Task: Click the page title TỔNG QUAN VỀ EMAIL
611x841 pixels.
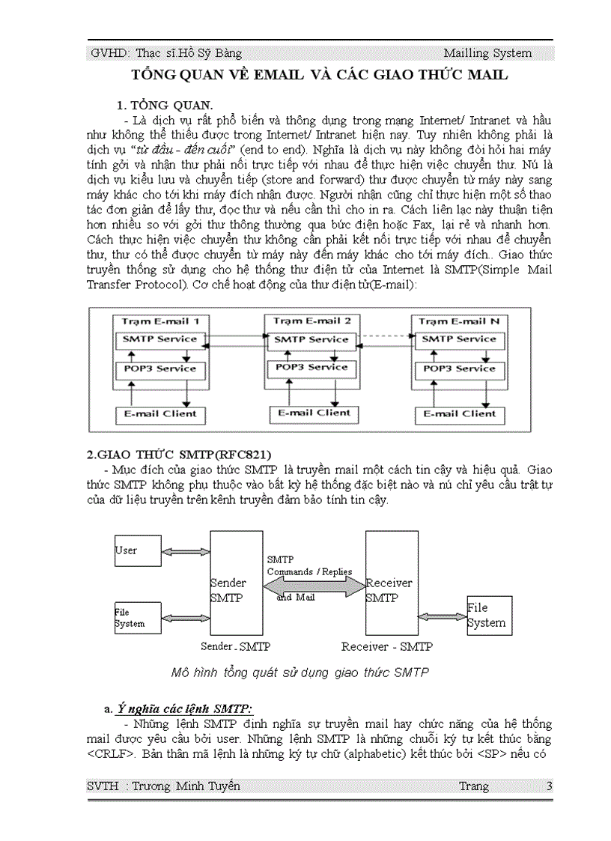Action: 320,75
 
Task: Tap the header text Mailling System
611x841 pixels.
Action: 487,53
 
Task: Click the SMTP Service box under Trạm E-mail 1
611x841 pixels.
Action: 159,339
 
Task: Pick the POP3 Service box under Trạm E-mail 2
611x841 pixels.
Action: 311,368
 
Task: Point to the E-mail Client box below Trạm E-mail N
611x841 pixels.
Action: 459,413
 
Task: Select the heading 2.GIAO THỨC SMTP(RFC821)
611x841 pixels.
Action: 180,455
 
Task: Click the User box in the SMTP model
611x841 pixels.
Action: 136,550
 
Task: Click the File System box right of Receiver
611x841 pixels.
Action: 489,616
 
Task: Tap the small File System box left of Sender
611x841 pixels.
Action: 136,618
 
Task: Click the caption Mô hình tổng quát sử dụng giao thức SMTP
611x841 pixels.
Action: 300,672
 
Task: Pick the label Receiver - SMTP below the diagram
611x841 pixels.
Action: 386,646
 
